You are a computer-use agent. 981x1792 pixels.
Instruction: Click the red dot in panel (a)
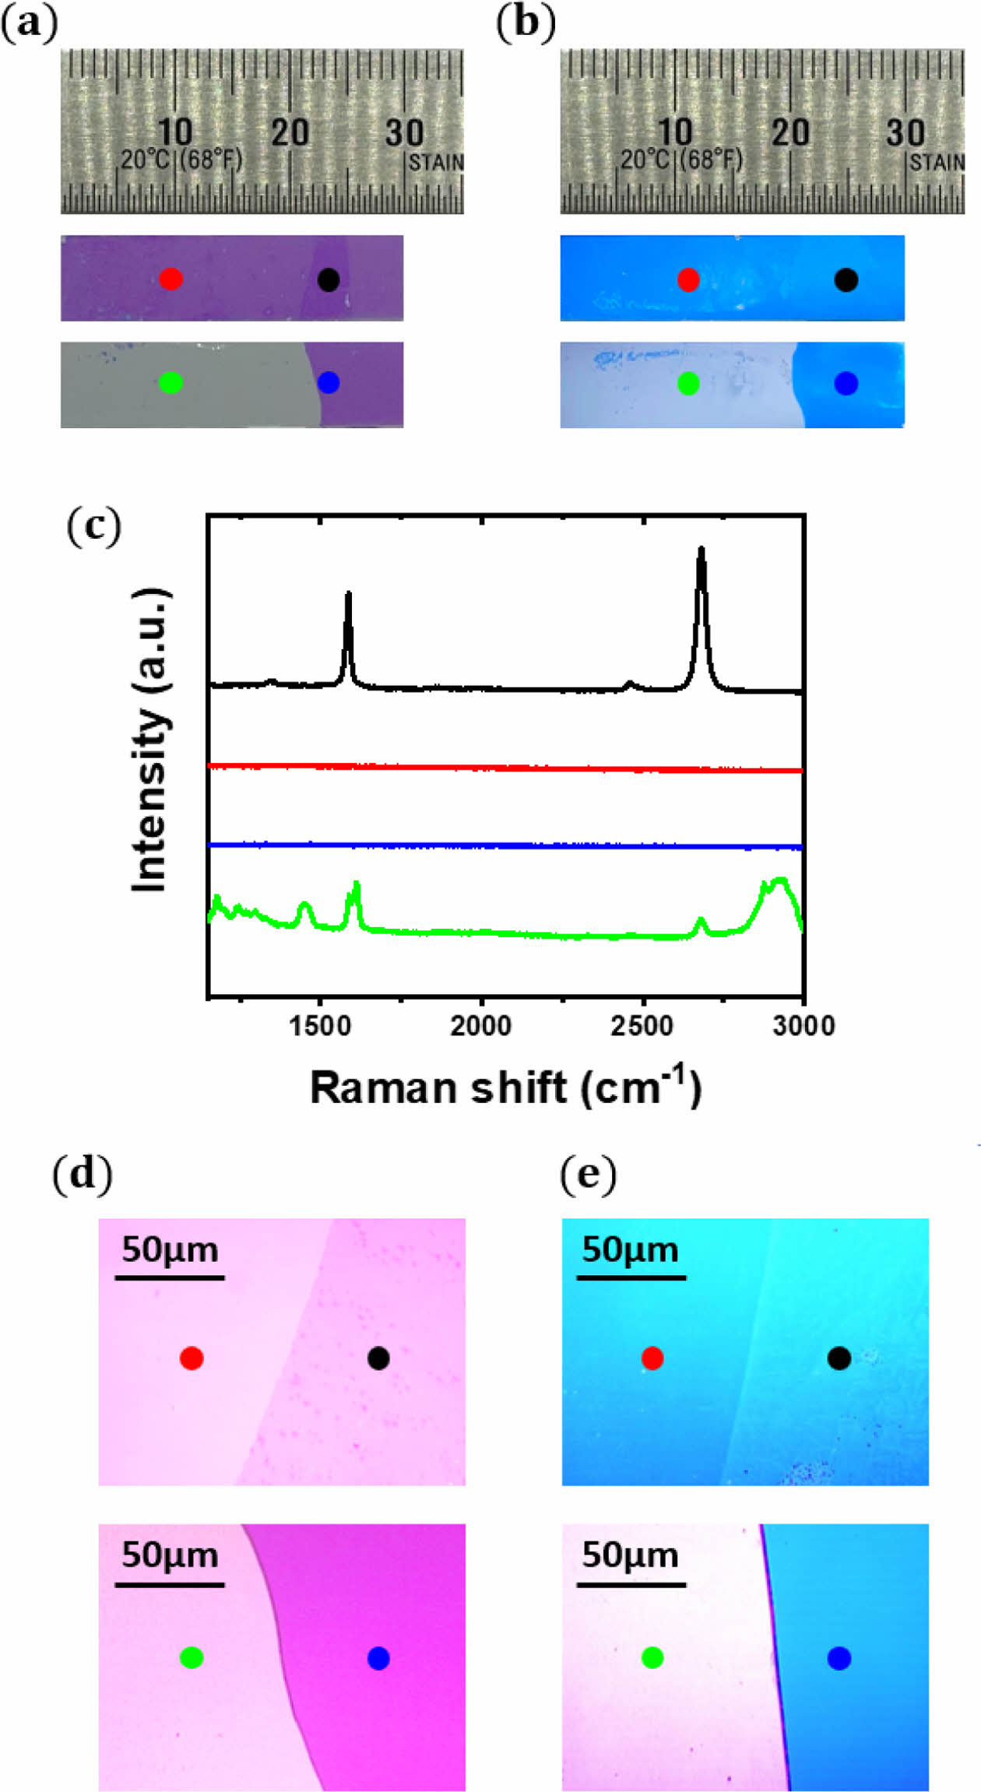(171, 279)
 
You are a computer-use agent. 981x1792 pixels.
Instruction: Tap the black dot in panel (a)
(329, 279)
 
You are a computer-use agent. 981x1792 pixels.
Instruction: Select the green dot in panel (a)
(171, 382)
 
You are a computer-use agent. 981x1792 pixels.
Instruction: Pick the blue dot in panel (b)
(846, 383)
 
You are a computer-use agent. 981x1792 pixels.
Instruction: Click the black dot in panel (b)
(846, 279)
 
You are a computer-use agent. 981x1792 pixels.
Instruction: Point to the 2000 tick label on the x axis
(481, 1026)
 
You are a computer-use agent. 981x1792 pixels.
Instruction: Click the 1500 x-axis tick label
(320, 1026)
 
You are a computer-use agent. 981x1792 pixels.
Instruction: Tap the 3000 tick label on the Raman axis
(803, 1026)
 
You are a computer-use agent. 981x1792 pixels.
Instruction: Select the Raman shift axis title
(506, 1087)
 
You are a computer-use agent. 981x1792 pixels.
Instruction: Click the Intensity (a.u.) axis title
(150, 740)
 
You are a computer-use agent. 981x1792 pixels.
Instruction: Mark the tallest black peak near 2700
(701, 550)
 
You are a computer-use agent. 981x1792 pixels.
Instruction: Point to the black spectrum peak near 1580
(348, 595)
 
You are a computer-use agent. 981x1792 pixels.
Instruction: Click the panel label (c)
(94, 526)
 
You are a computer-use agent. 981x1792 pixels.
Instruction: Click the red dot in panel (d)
(192, 1358)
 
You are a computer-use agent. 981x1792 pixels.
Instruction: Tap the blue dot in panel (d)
(378, 1658)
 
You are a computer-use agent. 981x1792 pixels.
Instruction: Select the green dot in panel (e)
(652, 1658)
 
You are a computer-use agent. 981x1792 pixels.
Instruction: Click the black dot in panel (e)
(839, 1358)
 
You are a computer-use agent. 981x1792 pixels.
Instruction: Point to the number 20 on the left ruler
(290, 133)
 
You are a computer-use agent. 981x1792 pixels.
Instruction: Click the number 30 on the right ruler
(905, 133)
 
